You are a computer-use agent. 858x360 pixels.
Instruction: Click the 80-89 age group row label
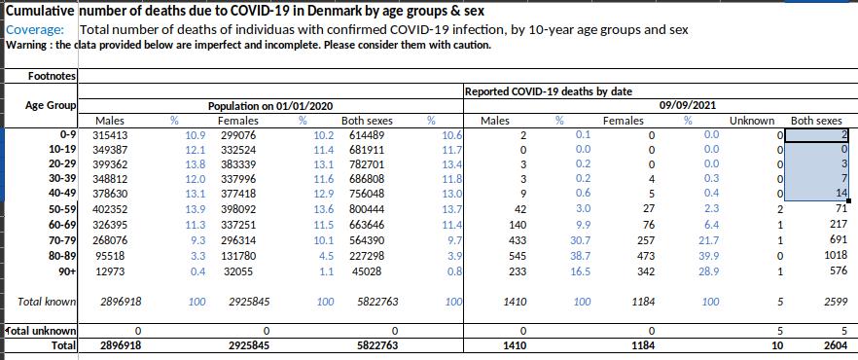(x=61, y=255)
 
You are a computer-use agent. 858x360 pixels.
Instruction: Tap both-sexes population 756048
(x=367, y=193)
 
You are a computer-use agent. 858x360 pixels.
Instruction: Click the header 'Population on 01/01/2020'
(x=270, y=107)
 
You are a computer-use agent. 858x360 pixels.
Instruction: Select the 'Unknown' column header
(x=752, y=121)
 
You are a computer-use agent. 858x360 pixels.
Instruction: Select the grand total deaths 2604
(x=837, y=345)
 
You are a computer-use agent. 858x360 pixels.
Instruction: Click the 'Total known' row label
(x=47, y=301)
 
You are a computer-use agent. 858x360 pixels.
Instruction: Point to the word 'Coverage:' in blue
(x=35, y=30)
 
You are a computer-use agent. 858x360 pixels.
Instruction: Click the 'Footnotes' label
(x=52, y=76)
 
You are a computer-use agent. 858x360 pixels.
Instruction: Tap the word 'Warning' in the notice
(x=23, y=46)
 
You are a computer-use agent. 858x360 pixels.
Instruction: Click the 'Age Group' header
(x=51, y=106)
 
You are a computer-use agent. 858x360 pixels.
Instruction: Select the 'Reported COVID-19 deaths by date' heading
(x=549, y=91)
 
